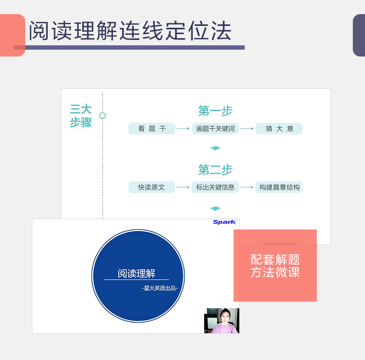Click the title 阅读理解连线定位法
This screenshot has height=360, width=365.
coord(129,31)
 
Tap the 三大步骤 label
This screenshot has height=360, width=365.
coord(81,116)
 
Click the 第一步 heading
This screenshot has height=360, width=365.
coord(215,111)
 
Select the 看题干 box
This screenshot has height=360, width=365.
coord(152,129)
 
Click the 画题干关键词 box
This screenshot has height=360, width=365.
coord(215,129)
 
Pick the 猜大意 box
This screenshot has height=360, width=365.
coord(279,129)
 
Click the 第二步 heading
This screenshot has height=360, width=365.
coord(215,170)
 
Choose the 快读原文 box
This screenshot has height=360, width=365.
coord(151,187)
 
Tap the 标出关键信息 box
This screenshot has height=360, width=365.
coord(215,187)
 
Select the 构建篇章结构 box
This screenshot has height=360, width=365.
coord(279,187)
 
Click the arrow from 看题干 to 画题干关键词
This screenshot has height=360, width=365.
coord(183,129)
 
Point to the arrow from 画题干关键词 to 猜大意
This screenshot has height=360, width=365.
coord(247,129)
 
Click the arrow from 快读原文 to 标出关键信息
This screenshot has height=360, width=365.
coord(183,187)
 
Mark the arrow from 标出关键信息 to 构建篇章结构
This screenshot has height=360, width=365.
coord(247,187)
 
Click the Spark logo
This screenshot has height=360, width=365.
coord(224,222)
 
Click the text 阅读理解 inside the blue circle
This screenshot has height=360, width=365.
coord(136,273)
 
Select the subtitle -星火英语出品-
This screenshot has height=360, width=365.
coord(160,288)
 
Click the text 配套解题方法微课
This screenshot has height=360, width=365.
coord(275,266)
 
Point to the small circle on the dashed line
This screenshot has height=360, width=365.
coord(102,115)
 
